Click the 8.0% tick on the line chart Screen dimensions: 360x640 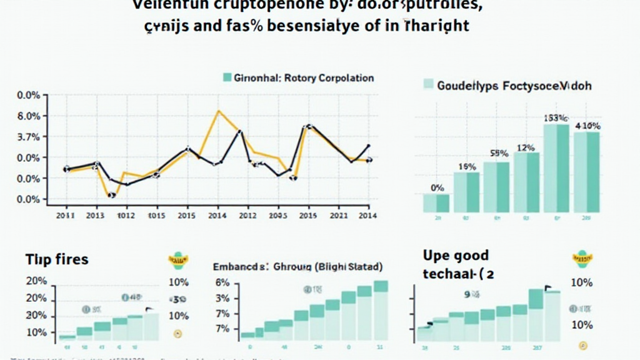pyautogui.click(x=29, y=116)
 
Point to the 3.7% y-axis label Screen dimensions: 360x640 pyautogui.click(x=29, y=137)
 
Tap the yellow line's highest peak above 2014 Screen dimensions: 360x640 pyautogui.click(x=218, y=111)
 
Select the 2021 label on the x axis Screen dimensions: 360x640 pyautogui.click(x=338, y=216)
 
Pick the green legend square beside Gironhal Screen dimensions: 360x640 pyautogui.click(x=227, y=78)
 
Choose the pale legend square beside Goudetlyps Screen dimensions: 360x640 pyautogui.click(x=429, y=85)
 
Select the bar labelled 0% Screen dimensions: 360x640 pyautogui.click(x=436, y=202)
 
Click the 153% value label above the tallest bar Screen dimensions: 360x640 pyautogui.click(x=555, y=117)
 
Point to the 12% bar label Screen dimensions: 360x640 pyautogui.click(x=526, y=147)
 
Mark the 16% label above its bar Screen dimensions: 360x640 pyautogui.click(x=467, y=167)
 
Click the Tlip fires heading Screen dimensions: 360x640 pyautogui.click(x=57, y=259)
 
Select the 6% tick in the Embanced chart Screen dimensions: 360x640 pyautogui.click(x=223, y=282)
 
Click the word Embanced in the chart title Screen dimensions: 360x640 pyautogui.click(x=237, y=267)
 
